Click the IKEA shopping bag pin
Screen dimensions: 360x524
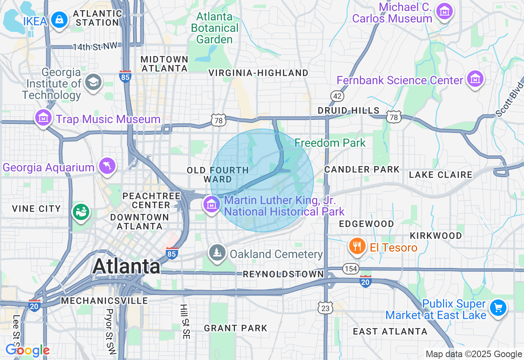point(59,20)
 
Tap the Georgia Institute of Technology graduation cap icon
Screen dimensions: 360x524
point(93,82)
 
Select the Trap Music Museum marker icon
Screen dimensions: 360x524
point(43,118)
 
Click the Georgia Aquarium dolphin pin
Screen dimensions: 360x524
point(107,166)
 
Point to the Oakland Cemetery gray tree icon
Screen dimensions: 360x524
point(217,252)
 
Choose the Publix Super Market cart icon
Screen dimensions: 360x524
point(498,308)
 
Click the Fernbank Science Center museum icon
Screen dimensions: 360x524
point(475,79)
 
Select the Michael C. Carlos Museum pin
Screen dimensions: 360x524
point(444,11)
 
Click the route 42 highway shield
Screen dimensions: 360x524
point(338,96)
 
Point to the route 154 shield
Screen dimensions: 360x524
point(351,269)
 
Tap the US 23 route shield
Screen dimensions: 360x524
point(325,308)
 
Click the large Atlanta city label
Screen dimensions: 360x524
point(126,266)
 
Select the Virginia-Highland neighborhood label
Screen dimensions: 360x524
point(258,73)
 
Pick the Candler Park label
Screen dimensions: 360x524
point(362,169)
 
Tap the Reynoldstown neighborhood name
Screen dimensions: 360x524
point(283,274)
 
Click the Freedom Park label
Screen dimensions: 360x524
point(330,143)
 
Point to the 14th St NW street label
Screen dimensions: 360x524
point(95,47)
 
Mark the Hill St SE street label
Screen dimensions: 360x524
point(185,322)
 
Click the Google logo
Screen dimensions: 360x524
point(27,351)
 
